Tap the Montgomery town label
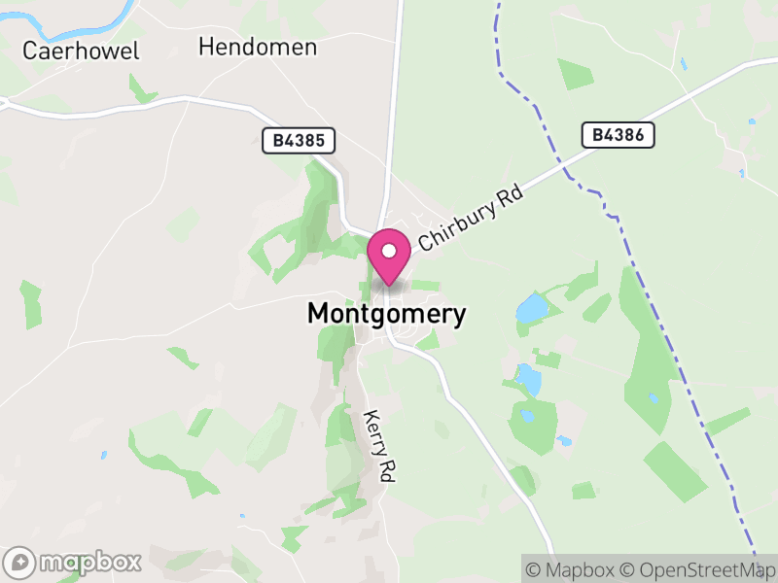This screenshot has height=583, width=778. pyautogui.click(x=387, y=314)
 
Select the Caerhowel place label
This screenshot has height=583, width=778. pyautogui.click(x=82, y=51)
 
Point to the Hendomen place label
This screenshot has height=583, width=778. pyautogui.click(x=258, y=46)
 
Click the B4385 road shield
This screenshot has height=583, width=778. pyautogui.click(x=299, y=141)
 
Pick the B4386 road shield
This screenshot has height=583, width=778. pyautogui.click(x=619, y=135)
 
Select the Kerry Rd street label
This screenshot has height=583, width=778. pyautogui.click(x=378, y=446)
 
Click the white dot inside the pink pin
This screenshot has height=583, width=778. pyautogui.click(x=389, y=251)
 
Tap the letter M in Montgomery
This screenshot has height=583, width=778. pyautogui.click(x=319, y=314)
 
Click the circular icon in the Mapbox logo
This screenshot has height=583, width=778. pyautogui.click(x=20, y=563)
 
